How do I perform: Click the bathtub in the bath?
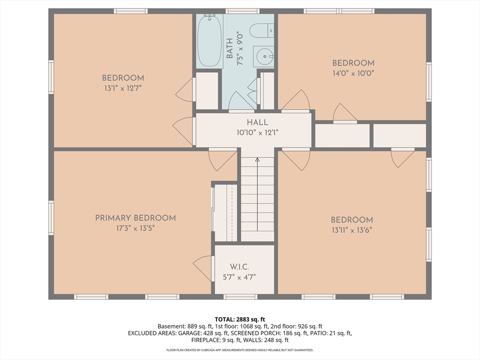(210, 41)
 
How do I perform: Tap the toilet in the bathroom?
(262, 31)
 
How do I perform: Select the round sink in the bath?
(264, 56)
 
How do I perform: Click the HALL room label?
(257, 122)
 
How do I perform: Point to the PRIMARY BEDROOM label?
(135, 218)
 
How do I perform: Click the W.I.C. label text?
(240, 267)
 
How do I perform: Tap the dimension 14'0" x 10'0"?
(353, 74)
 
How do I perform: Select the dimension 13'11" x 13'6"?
(352, 230)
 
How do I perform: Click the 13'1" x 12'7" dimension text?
(123, 89)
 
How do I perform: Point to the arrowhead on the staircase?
(257, 159)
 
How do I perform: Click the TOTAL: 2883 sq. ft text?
(240, 320)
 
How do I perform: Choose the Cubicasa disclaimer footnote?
(240, 350)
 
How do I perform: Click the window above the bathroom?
(242, 11)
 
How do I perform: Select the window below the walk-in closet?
(240, 297)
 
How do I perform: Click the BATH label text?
(230, 48)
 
